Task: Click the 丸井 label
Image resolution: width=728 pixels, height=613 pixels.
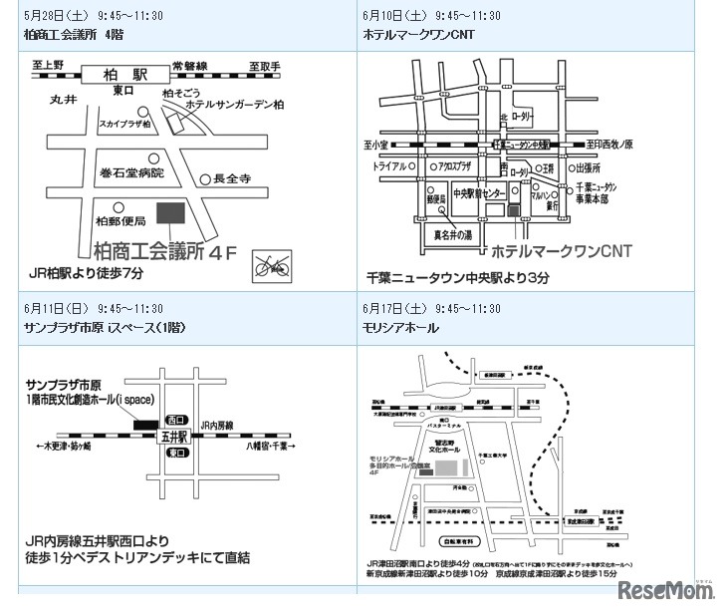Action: [x=63, y=100]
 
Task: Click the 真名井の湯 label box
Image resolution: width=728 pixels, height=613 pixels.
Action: [x=454, y=235]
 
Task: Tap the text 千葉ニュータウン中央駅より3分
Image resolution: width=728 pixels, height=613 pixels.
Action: [x=457, y=278]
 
